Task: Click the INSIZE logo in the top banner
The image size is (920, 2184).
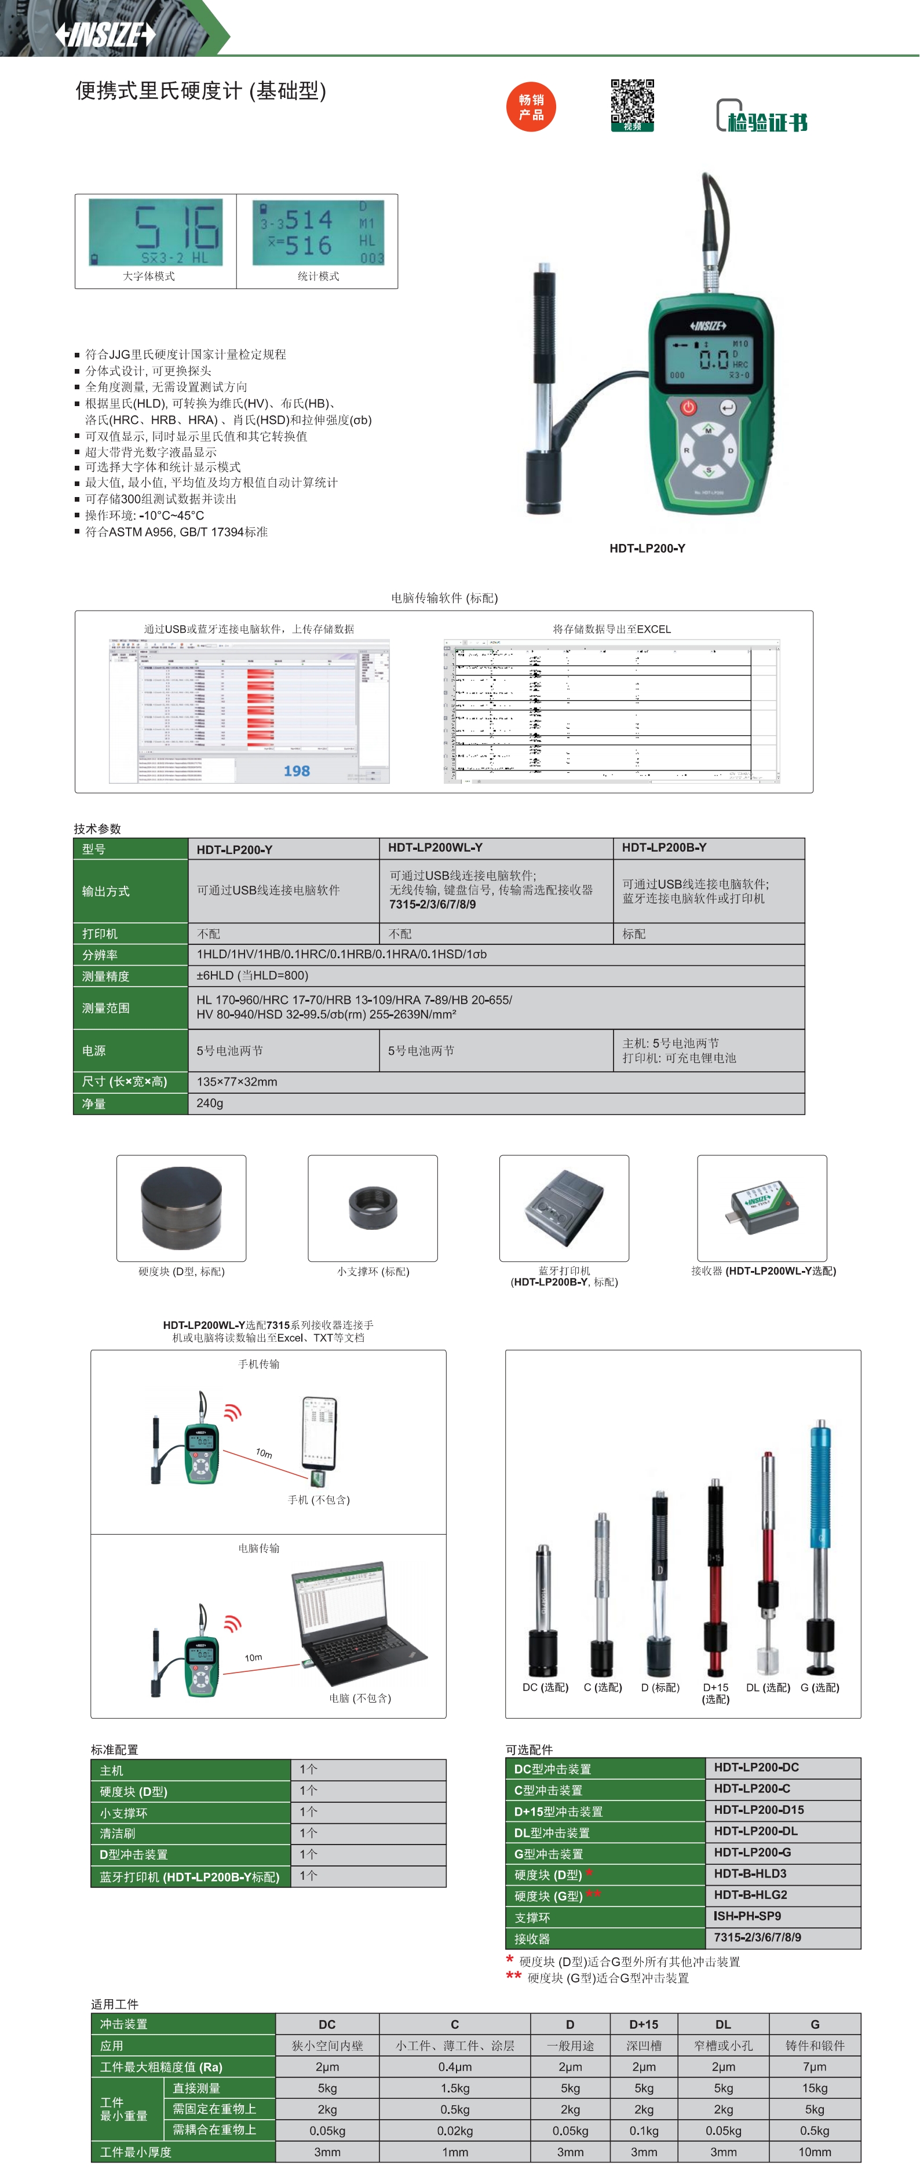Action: pos(105,34)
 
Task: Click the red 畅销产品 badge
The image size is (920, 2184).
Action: pos(531,107)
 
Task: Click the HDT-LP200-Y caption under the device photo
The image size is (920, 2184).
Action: pos(647,549)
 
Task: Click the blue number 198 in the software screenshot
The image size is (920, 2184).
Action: pos(297,770)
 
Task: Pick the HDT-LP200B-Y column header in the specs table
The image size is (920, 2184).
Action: pos(664,848)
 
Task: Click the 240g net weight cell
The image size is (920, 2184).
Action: pos(210,1103)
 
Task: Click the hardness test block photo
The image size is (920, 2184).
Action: pos(181,1207)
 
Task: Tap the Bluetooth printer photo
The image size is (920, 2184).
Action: pos(564,1207)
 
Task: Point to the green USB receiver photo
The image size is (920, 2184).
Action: pos(761,1207)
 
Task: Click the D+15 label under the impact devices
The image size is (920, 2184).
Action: pos(715,1687)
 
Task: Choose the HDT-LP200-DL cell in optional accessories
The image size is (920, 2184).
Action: pos(755,1831)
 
